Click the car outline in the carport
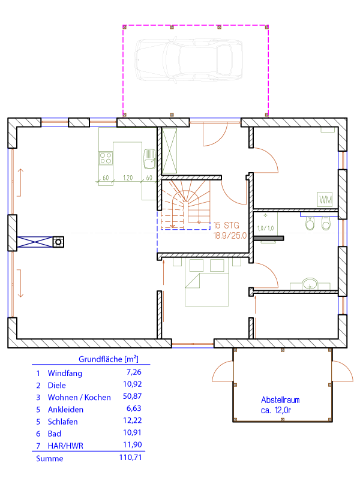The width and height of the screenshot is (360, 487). click(188, 60)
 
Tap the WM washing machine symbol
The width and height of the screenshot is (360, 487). click(325, 200)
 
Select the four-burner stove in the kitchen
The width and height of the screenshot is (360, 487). click(106, 158)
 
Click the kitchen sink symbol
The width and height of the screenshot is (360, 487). click(149, 159)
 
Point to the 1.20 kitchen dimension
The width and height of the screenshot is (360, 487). click(128, 178)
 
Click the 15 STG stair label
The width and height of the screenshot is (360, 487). click(226, 225)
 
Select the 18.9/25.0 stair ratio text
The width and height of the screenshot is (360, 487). click(230, 236)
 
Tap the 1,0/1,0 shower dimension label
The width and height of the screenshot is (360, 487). click(265, 229)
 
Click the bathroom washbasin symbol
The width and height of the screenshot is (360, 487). click(310, 284)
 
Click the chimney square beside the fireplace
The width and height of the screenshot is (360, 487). click(58, 242)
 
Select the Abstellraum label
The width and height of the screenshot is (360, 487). click(280, 399)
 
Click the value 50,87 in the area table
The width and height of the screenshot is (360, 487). click(133, 396)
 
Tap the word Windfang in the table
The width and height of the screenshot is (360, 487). click(65, 373)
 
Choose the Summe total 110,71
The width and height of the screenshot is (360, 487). click(130, 458)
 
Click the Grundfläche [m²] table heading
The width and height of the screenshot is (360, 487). click(109, 359)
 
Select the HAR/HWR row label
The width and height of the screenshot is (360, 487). click(65, 446)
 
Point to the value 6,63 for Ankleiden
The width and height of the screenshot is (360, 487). click(134, 408)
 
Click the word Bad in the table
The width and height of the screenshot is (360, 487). click(55, 434)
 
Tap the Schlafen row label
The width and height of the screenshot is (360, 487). click(63, 422)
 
